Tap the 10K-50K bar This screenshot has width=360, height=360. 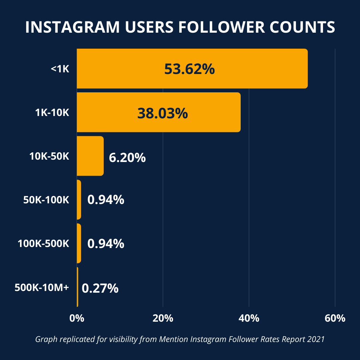(x=90, y=156)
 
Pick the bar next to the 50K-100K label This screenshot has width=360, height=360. (x=79, y=200)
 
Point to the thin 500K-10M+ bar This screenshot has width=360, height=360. (x=78, y=287)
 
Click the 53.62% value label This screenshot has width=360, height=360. (x=189, y=69)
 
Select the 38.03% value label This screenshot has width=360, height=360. (x=163, y=113)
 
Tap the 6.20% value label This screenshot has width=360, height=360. (x=127, y=157)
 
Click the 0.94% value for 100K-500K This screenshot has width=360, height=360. (x=106, y=244)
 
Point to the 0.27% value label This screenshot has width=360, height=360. (x=100, y=288)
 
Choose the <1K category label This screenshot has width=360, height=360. (x=60, y=69)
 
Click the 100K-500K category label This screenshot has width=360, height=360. (x=43, y=244)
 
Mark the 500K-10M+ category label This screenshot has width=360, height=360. (x=42, y=287)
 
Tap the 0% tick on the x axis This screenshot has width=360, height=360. (x=77, y=318)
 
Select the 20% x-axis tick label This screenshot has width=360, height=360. (x=163, y=318)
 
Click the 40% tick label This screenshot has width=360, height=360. (x=249, y=318)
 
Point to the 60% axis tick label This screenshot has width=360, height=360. (x=335, y=318)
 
